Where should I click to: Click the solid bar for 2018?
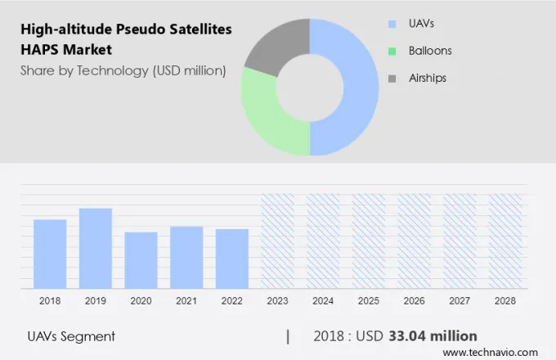pos(50,254)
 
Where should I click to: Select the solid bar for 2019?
pos(96,248)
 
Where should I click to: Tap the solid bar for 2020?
pos(141,259)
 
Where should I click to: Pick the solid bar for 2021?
pos(186,257)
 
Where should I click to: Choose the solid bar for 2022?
pos(232,259)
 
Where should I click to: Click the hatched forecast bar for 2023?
pos(277,241)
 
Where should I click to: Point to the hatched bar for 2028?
pos(504,241)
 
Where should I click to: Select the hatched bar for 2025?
pos(368,241)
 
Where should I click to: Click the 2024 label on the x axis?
pos(323,300)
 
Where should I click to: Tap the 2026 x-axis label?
pos(414,300)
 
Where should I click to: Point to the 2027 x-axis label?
pos(460,300)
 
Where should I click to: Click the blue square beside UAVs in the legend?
pos(392,25)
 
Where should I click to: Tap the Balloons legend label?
pos(430,51)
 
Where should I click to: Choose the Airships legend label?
pos(428,78)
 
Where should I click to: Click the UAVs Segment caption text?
pos(71,336)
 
